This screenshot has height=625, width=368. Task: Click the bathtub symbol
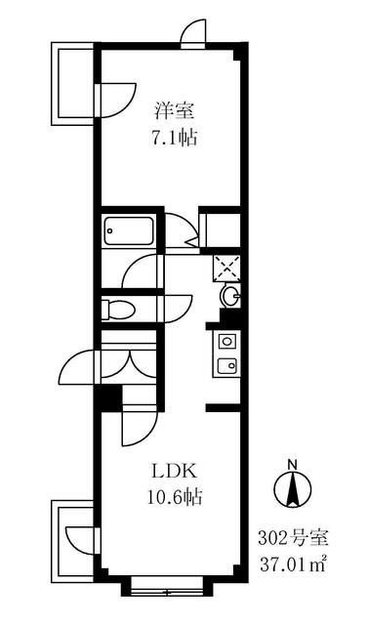click(x=128, y=231)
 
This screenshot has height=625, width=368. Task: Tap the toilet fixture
click(x=119, y=309)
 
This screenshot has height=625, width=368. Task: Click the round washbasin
click(x=229, y=296)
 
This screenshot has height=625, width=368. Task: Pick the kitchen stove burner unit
click(x=226, y=342)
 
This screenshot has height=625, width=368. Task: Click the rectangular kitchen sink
click(x=226, y=367)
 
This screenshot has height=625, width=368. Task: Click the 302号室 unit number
click(x=300, y=538)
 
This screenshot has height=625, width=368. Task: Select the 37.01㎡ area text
click(x=300, y=562)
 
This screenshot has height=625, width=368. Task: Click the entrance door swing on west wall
click(x=78, y=369)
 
